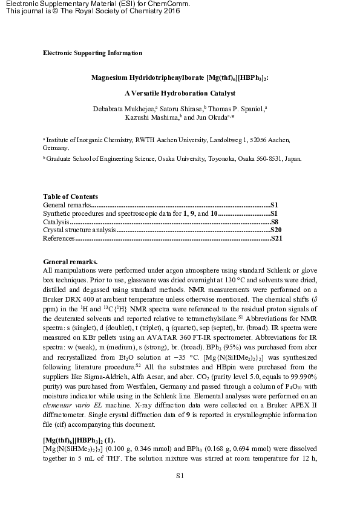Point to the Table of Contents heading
pos(70,196)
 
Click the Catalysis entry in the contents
pos(56,222)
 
